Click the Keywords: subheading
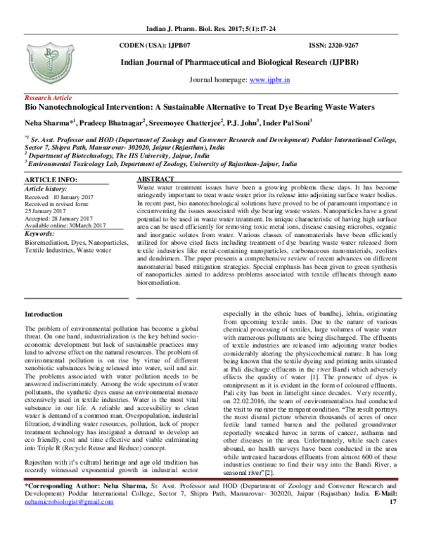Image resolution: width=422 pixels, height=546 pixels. pos(45,233)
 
